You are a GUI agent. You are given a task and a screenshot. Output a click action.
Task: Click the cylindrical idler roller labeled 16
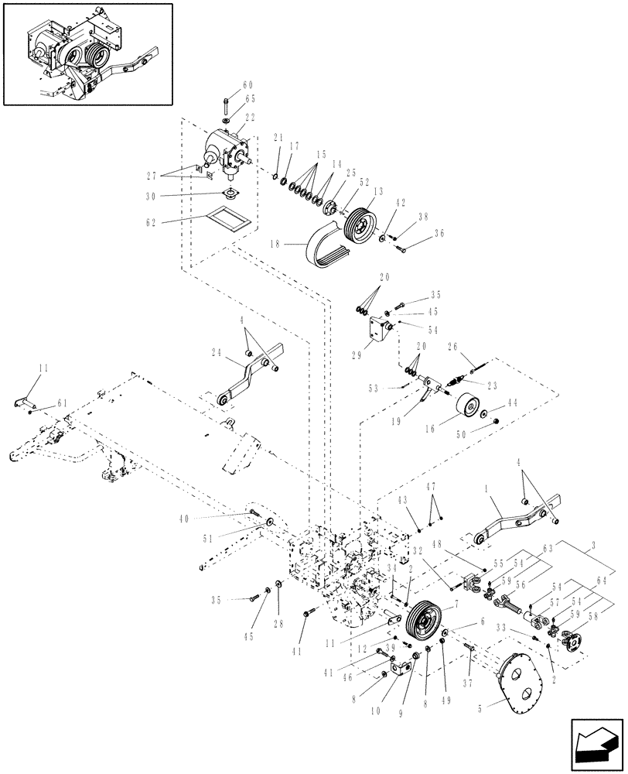tap(466, 409)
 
